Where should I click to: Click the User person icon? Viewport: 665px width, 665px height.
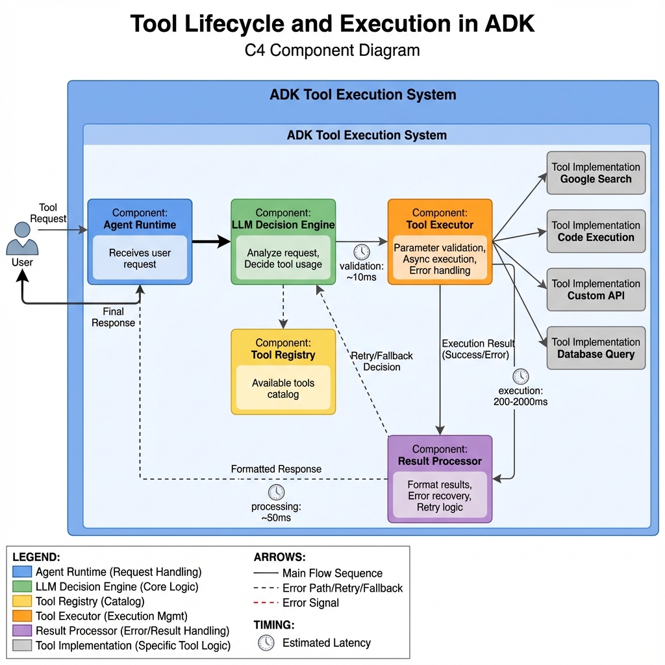click(22, 239)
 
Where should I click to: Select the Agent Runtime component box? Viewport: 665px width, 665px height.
click(140, 242)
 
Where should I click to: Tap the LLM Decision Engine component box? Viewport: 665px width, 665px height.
click(283, 242)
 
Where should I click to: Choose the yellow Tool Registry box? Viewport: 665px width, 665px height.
click(283, 371)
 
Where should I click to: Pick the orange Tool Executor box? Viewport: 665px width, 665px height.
click(440, 242)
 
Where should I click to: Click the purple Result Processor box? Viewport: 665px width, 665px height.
click(440, 479)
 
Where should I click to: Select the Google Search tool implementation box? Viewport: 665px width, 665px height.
click(596, 173)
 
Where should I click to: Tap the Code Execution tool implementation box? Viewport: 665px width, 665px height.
click(596, 231)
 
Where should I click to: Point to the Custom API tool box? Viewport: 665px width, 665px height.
click(596, 290)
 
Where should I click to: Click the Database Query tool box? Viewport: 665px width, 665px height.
click(596, 348)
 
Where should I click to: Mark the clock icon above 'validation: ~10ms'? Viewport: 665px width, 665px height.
click(362, 253)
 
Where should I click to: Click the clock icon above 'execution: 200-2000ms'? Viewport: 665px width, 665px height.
click(521, 376)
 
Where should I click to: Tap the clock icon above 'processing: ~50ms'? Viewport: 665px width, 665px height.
click(276, 492)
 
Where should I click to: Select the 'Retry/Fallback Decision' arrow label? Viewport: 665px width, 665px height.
click(382, 361)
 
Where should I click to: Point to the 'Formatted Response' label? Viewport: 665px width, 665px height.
click(276, 469)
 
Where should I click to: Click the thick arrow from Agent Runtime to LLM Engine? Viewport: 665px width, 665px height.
click(212, 242)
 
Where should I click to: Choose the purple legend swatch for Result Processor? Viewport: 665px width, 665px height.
click(21, 631)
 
